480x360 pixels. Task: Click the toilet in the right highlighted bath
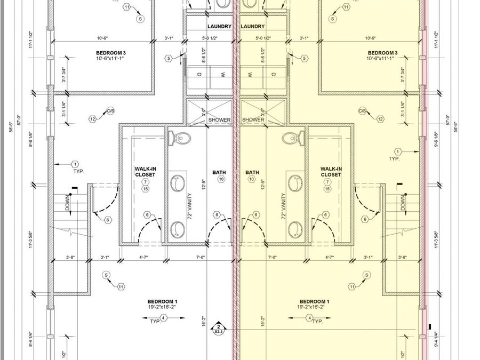click(293, 138)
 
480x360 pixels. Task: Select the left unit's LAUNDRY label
click(219, 26)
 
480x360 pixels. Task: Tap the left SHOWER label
click(219, 120)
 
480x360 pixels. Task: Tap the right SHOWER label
click(253, 120)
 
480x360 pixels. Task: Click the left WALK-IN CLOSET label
click(145, 172)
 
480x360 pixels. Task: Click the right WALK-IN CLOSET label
click(331, 172)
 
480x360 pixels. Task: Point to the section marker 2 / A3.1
click(218, 328)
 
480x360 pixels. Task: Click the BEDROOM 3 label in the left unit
click(110, 53)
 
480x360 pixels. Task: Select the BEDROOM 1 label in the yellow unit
click(314, 301)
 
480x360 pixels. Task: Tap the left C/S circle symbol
click(110, 111)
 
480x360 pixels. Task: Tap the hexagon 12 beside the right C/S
click(380, 119)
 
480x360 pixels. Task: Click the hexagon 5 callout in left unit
click(169, 58)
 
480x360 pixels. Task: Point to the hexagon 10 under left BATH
click(221, 180)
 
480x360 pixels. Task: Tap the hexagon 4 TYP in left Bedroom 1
click(164, 318)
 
